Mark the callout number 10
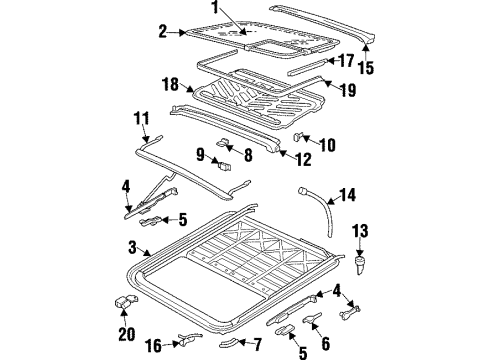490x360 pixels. tap(327, 146)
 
